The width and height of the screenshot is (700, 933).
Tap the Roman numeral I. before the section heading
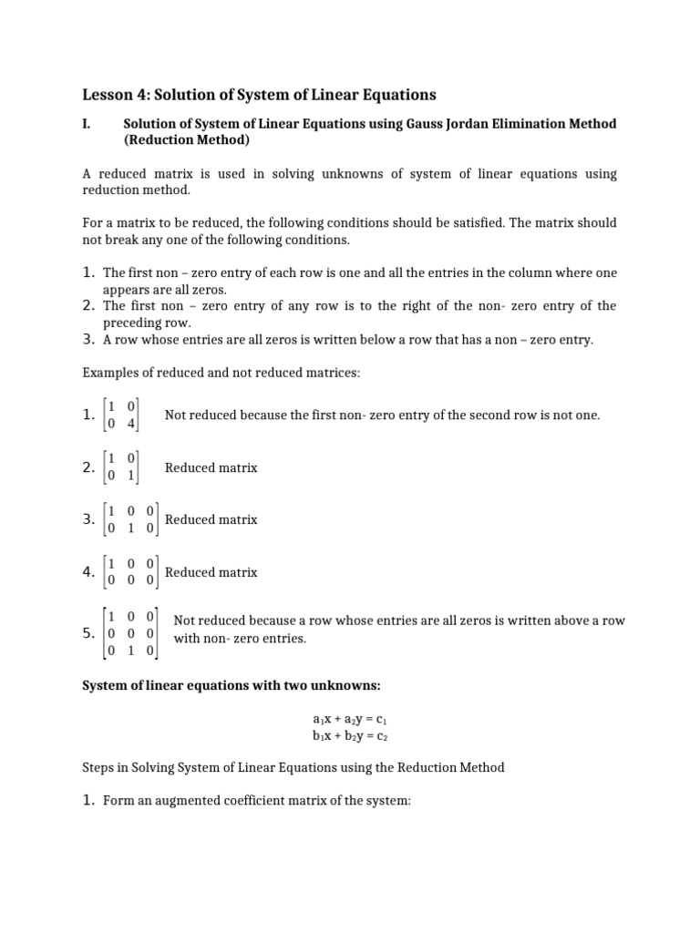(x=87, y=124)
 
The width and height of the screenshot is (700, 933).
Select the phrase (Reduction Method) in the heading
(x=186, y=141)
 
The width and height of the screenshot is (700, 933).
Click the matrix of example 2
(x=121, y=467)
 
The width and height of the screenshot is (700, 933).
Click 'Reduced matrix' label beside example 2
(x=211, y=467)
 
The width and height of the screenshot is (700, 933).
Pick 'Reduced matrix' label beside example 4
(x=211, y=572)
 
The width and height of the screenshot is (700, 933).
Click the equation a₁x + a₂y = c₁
(x=350, y=720)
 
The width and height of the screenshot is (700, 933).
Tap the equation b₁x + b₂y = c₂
(x=350, y=735)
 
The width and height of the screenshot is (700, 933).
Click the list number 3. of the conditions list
(x=89, y=339)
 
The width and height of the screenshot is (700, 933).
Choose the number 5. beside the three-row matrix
(x=89, y=632)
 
